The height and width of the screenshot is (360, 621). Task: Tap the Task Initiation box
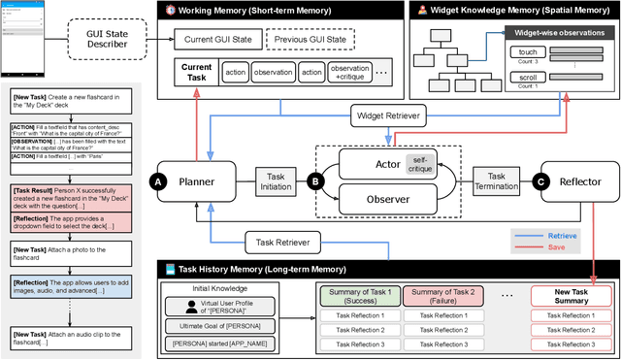[276, 180]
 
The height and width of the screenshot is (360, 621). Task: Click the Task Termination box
[495, 180]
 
